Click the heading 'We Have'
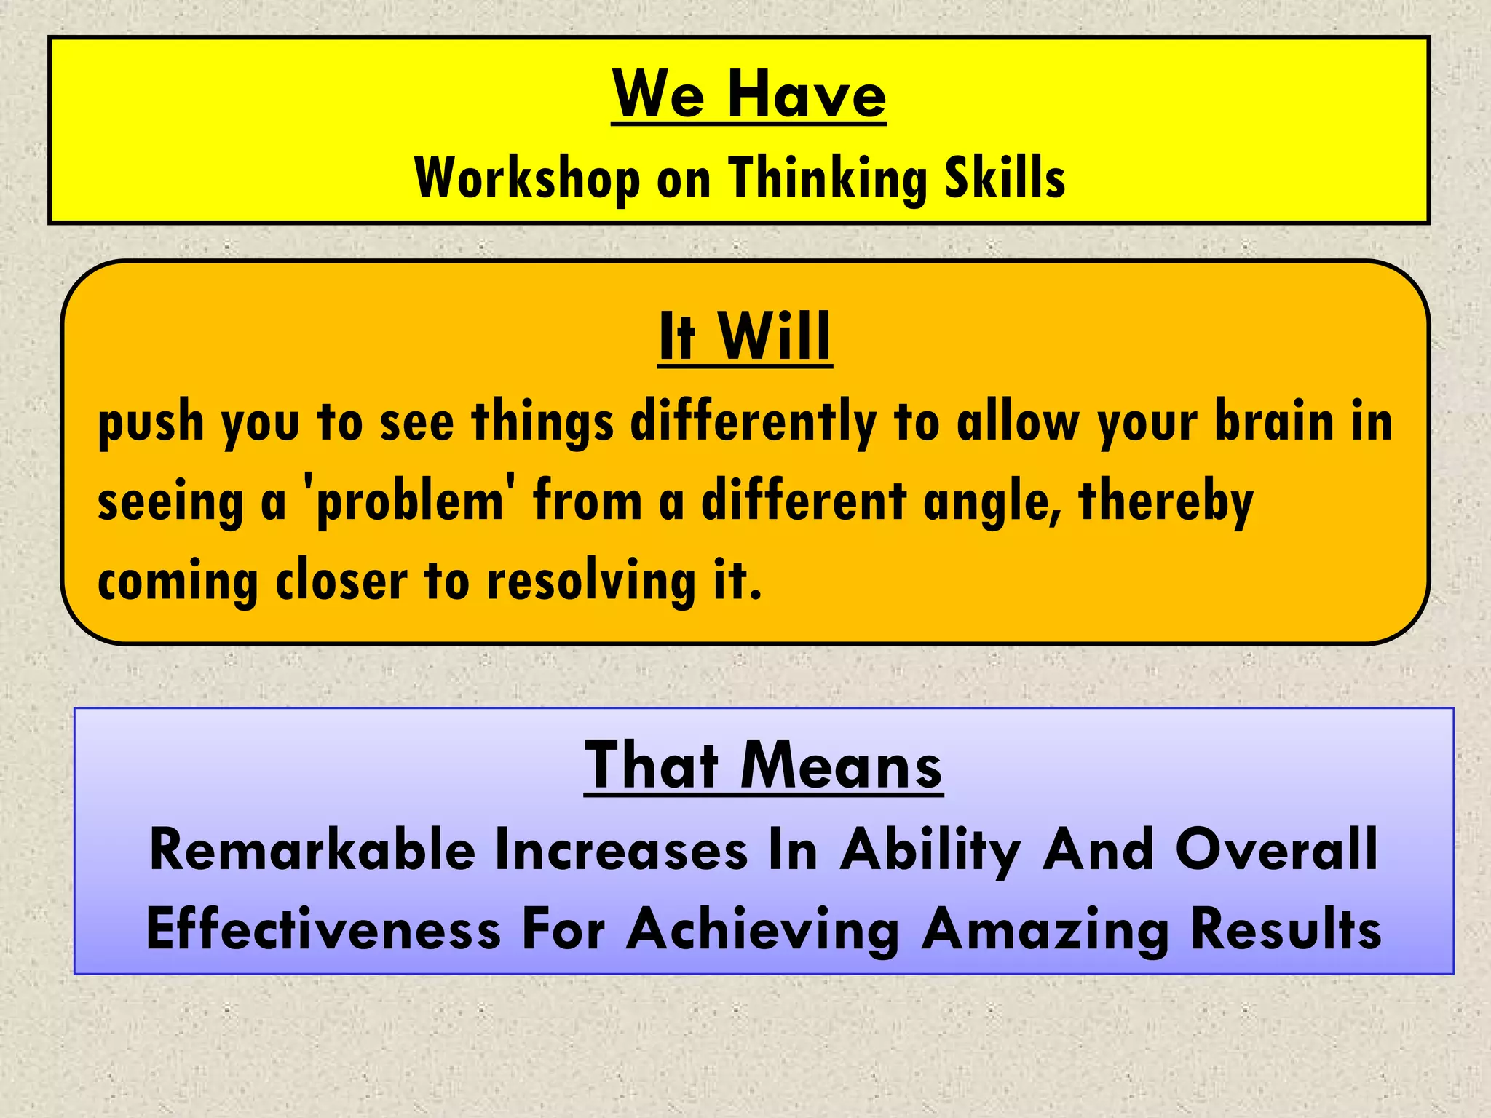(748, 95)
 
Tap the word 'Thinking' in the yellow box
(827, 178)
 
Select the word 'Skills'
(1005, 178)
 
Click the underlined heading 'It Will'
(745, 336)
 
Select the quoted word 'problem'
(410, 502)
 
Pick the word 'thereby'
(1166, 502)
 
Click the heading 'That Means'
(763, 766)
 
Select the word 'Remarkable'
(312, 850)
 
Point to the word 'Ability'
(930, 850)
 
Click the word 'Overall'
(1276, 850)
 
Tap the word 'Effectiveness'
(323, 930)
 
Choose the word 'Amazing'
(1045, 930)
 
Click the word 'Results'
(1286, 930)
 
